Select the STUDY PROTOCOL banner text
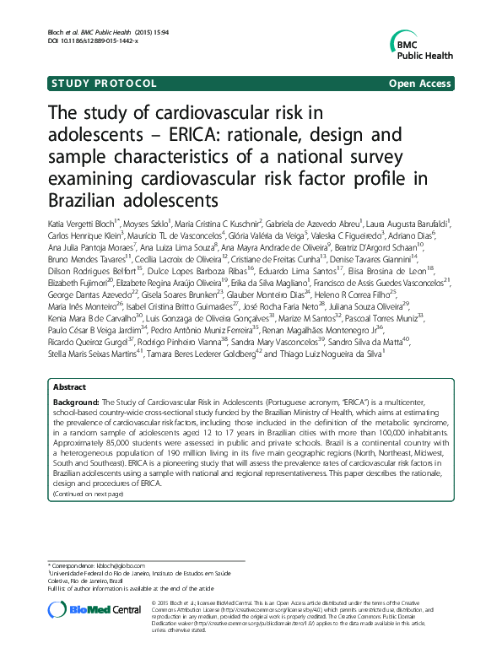[105, 84]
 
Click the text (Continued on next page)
[88, 494]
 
